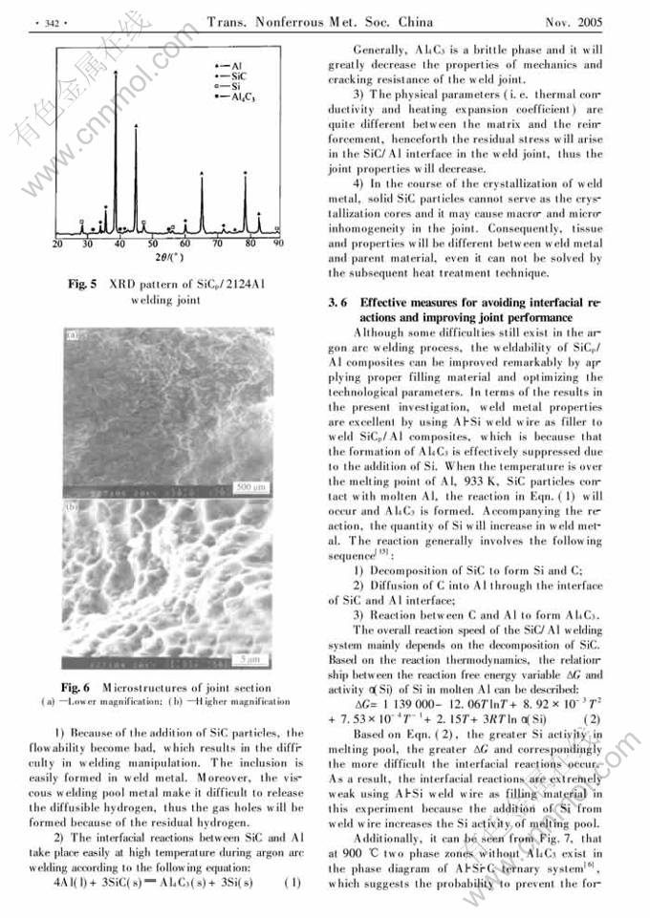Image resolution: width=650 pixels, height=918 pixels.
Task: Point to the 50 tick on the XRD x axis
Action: [x=153, y=244]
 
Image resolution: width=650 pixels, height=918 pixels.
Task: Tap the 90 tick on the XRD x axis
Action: [x=278, y=244]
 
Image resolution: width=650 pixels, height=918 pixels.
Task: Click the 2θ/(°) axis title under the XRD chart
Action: [x=165, y=258]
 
